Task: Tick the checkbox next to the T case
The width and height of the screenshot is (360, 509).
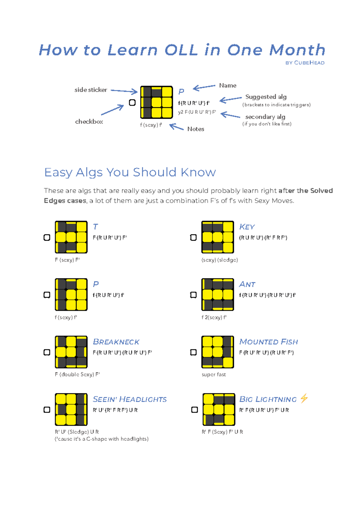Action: tap(47, 237)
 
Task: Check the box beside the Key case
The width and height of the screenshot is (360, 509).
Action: tap(193, 237)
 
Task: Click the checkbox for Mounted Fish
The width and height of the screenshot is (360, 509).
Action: tap(193, 352)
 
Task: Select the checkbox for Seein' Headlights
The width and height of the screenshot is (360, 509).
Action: tap(47, 409)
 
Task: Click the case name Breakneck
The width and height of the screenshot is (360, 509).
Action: tap(116, 342)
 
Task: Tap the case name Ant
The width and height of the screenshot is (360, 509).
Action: tap(247, 284)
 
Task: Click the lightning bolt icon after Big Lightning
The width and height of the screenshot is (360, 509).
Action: tap(304, 398)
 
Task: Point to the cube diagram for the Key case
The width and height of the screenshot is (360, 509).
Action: tap(217, 237)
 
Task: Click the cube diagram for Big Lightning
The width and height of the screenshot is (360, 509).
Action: tap(219, 409)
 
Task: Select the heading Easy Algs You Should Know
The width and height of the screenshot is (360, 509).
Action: tap(130, 172)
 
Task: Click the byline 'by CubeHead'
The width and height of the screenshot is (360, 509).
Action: tap(305, 63)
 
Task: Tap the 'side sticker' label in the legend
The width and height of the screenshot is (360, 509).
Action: tap(91, 90)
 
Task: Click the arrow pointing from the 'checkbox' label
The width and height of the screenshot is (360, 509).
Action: tap(112, 110)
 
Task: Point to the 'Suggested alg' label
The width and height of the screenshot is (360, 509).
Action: tap(266, 97)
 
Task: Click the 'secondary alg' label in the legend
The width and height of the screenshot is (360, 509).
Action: tap(265, 117)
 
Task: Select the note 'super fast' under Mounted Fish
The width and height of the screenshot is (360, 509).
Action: tap(214, 374)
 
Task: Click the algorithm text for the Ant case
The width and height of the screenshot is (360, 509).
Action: tap(267, 295)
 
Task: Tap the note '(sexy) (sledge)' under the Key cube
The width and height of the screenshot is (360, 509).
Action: tap(220, 260)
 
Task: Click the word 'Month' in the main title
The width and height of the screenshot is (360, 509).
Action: tap(297, 50)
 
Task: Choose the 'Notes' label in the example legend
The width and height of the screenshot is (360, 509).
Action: tap(196, 129)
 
